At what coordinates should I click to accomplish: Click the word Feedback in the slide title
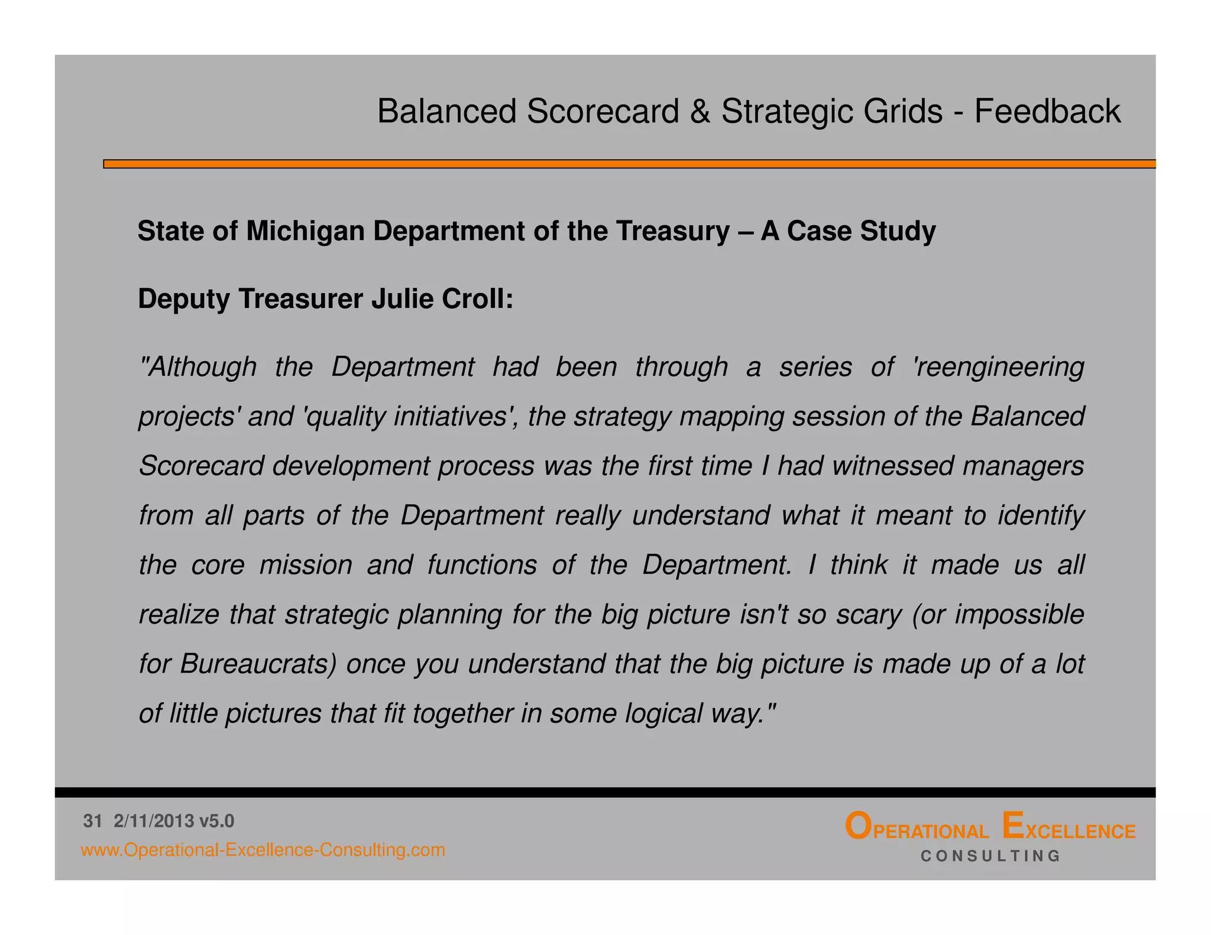(1047, 111)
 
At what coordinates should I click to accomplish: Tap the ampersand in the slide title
(700, 111)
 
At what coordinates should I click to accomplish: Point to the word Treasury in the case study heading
(672, 231)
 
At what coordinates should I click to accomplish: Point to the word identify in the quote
(1041, 515)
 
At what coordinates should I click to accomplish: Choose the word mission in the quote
(306, 565)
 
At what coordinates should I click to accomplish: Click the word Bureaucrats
(258, 664)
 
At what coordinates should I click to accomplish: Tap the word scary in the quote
(869, 615)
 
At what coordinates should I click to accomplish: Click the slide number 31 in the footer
(93, 821)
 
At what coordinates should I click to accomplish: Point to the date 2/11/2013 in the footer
(154, 821)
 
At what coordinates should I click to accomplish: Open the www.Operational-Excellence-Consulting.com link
(263, 850)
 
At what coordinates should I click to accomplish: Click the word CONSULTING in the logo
(990, 856)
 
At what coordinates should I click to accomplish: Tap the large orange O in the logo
(857, 827)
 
